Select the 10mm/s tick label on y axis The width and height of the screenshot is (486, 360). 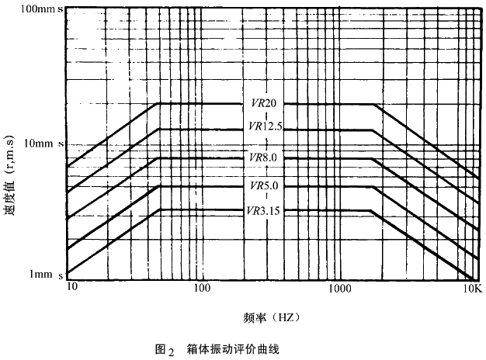point(36,144)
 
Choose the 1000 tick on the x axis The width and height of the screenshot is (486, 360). point(339,287)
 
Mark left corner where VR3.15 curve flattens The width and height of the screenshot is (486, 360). point(159,209)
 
